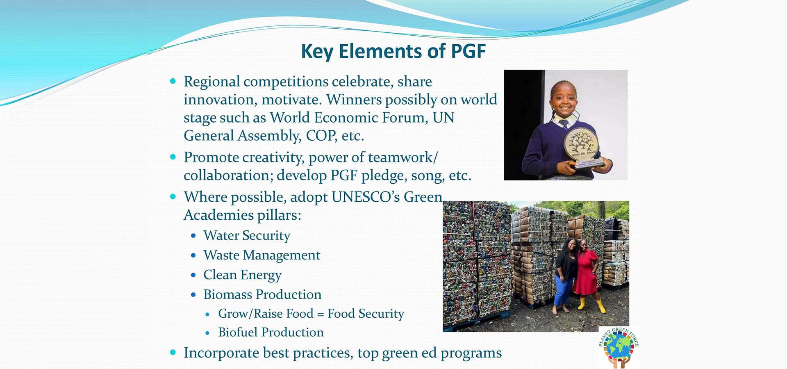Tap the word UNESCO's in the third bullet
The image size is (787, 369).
click(366, 197)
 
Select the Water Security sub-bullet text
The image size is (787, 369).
click(247, 236)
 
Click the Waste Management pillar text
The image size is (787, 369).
click(262, 255)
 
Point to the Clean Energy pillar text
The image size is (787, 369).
click(243, 275)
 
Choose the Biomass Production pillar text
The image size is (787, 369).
click(262, 294)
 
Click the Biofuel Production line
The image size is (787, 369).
click(271, 332)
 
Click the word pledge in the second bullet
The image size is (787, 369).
click(379, 176)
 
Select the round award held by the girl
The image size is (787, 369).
click(581, 144)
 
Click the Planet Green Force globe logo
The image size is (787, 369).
click(619, 347)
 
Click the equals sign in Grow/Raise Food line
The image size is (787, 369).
click(321, 314)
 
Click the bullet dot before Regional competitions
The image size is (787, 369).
click(173, 81)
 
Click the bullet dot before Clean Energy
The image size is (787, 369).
click(193, 275)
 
